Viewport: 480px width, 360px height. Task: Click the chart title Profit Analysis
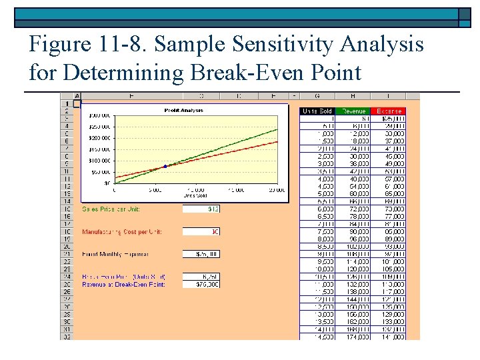[183, 110]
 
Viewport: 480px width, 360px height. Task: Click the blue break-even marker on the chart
[165, 166]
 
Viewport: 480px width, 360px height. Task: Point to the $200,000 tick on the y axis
[102, 137]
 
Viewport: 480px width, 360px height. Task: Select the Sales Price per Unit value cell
[201, 209]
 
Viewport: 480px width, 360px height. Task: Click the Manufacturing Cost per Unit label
[122, 232]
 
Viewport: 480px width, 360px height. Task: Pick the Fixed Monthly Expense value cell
[201, 254]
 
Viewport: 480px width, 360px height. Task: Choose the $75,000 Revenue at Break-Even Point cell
[201, 285]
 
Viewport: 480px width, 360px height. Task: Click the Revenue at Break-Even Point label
[123, 285]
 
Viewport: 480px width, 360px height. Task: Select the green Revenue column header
[353, 111]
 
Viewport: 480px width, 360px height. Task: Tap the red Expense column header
[388, 111]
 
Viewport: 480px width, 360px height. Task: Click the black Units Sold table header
[317, 111]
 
